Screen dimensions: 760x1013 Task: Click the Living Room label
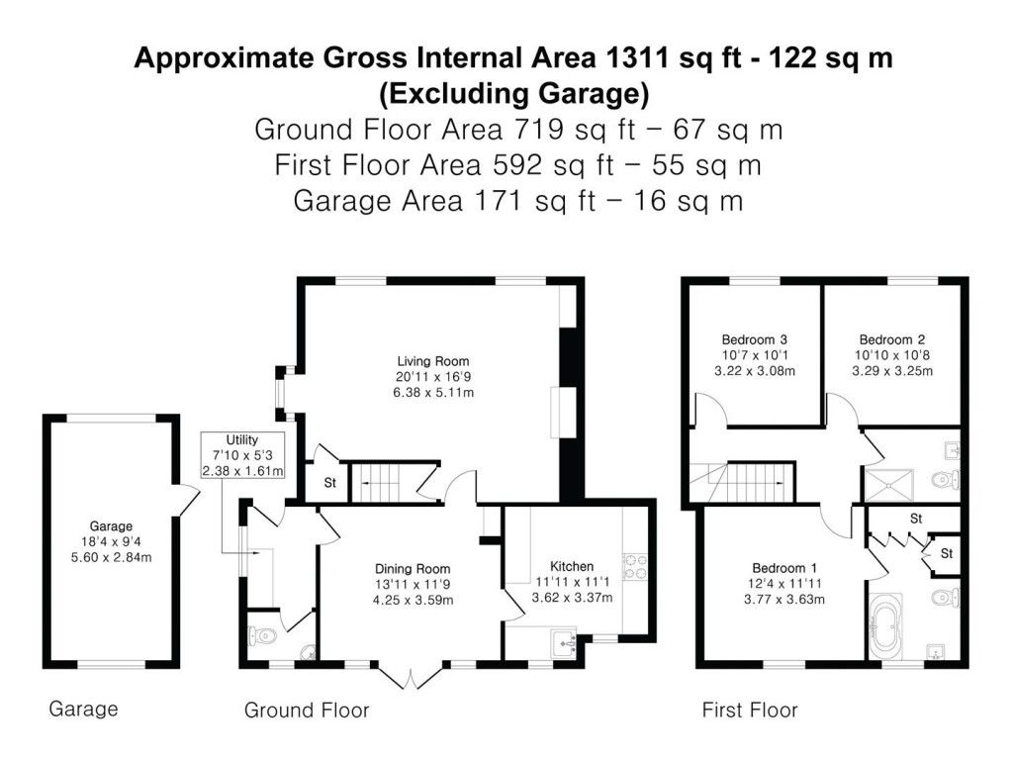432,361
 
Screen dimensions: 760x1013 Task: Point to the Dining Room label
413,569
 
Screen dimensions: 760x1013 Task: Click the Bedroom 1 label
784,568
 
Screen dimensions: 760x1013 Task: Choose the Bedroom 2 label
891,336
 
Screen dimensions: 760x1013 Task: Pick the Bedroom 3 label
754,336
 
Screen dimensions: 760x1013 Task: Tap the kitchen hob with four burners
632,566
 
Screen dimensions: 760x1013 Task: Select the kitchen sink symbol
565,642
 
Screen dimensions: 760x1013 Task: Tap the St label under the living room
328,484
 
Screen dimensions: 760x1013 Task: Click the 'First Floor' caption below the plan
749,710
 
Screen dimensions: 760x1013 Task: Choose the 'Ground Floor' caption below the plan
307,710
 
